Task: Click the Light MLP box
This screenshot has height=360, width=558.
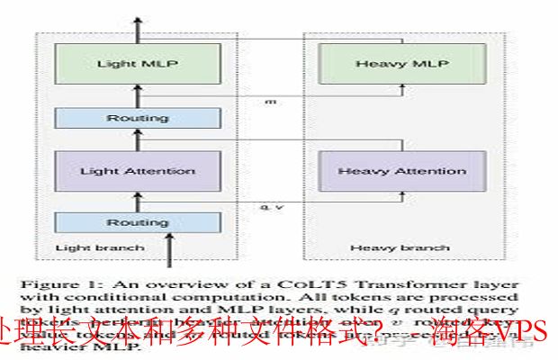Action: [138, 65]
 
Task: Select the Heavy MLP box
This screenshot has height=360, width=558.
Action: [397, 65]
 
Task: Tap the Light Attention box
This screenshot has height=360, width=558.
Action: [138, 171]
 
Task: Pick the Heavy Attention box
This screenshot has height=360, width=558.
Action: [397, 171]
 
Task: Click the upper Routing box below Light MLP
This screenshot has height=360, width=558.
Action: [138, 118]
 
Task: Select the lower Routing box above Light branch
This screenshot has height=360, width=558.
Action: [138, 221]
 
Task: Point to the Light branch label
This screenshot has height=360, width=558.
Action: [87, 247]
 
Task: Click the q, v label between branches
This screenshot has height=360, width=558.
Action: [267, 207]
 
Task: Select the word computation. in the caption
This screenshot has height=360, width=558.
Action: [181, 293]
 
